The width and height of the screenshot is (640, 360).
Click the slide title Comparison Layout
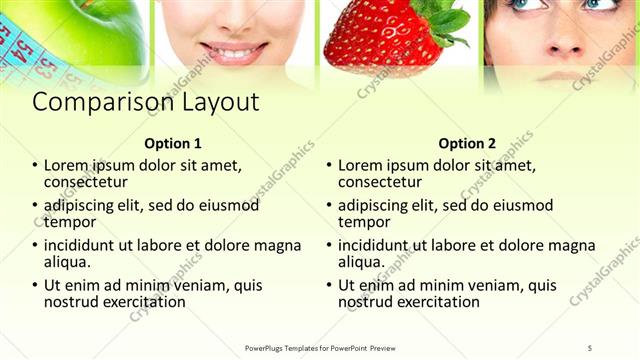click(146, 103)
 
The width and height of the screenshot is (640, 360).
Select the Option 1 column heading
click(173, 143)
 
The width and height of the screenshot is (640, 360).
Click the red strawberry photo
click(385, 38)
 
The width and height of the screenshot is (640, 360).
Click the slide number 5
click(590, 347)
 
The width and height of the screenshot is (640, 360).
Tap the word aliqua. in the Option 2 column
click(361, 262)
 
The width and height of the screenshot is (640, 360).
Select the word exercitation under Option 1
click(143, 301)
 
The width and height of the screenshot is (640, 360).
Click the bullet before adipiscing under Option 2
click(328, 206)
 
